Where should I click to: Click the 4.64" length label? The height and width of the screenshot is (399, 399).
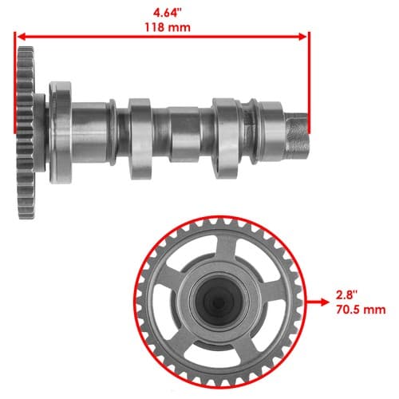click(x=168, y=13)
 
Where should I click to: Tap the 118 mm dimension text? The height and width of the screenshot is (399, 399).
click(x=168, y=27)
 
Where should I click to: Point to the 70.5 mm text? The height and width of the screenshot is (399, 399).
click(x=361, y=310)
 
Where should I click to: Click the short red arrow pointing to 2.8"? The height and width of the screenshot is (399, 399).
click(x=318, y=302)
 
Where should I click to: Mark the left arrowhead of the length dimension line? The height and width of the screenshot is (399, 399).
click(x=22, y=37)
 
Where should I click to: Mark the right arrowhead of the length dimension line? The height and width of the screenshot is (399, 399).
click(x=302, y=37)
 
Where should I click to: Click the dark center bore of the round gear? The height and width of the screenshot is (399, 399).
click(x=219, y=302)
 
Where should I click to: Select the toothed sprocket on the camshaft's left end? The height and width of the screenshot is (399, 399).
click(x=26, y=132)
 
